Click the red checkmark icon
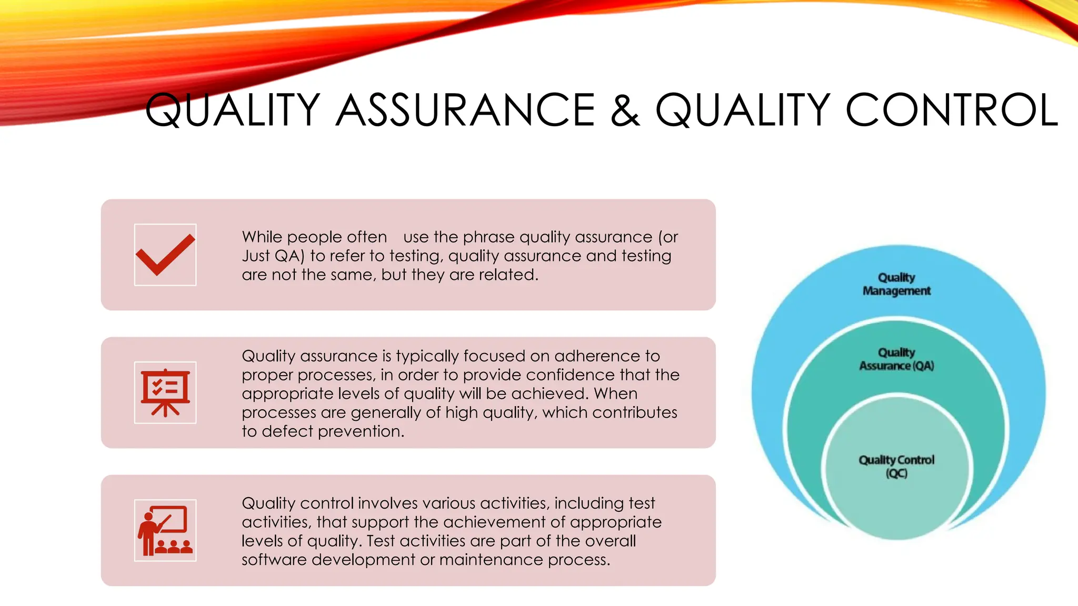165,255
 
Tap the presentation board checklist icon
165,392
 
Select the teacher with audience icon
165,530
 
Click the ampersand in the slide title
625,110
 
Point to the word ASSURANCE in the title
465,110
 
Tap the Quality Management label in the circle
896,284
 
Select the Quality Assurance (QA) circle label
896,359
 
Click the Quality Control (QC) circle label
896,466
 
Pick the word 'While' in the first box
262,237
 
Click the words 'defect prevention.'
333,431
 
